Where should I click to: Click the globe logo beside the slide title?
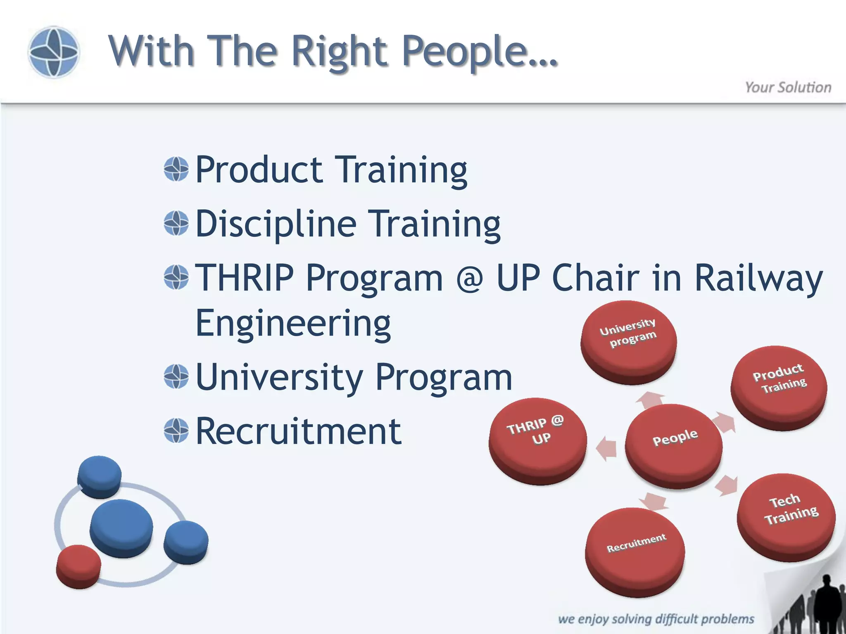(53, 52)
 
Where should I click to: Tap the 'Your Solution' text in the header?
(788, 88)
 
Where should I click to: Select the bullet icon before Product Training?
(176, 169)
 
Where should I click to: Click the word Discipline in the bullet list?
(276, 224)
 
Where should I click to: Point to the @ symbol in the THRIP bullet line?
(469, 278)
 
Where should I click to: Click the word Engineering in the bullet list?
(293, 323)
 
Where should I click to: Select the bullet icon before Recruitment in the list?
(176, 431)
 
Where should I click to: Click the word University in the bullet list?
(279, 377)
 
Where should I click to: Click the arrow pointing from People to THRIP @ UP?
(606, 449)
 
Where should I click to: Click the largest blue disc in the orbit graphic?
(121, 527)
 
